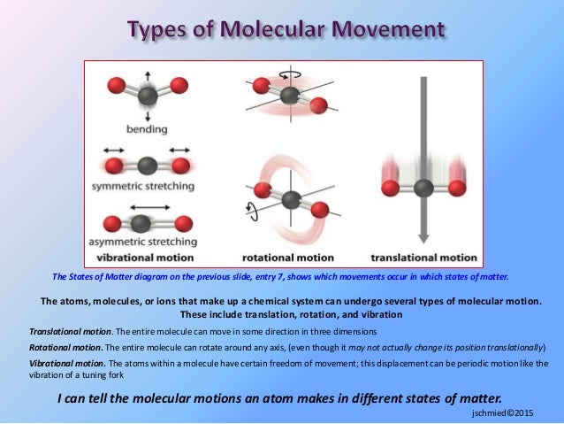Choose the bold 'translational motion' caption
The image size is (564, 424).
click(423, 257)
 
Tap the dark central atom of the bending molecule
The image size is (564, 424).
click(149, 95)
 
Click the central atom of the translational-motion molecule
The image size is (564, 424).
click(424, 187)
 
